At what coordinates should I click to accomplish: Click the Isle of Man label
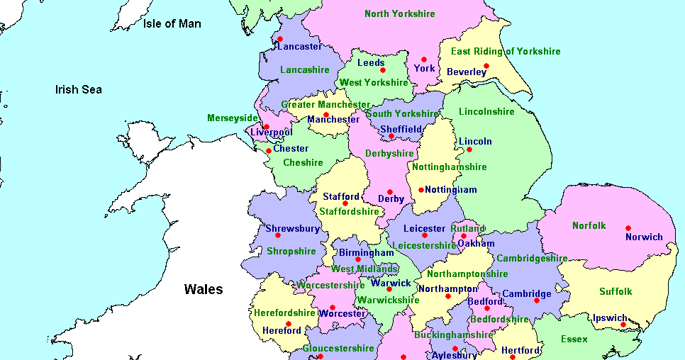[172, 24]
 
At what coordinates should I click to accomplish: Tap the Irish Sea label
[79, 89]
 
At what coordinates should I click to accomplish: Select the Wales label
[204, 289]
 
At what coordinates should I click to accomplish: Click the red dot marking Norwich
[628, 228]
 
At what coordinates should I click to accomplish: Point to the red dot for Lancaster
[280, 39]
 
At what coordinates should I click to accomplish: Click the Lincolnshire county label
[486, 112]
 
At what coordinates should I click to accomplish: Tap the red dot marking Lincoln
[469, 150]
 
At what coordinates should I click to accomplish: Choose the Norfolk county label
[589, 226]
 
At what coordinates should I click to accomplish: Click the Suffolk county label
[616, 291]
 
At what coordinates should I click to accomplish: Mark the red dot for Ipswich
[623, 325]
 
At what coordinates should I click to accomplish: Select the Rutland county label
[468, 228]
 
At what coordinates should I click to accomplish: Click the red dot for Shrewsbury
[277, 235]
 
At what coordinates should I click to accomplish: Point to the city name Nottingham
[450, 190]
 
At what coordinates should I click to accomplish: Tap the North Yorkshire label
[400, 13]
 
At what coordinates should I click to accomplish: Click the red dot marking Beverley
[486, 67]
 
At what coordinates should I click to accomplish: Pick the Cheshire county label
[303, 162]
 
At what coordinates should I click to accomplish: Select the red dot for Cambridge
[536, 300]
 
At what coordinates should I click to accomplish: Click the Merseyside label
[233, 118]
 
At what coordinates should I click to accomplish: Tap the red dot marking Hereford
[288, 324]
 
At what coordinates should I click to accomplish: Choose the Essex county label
[574, 339]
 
